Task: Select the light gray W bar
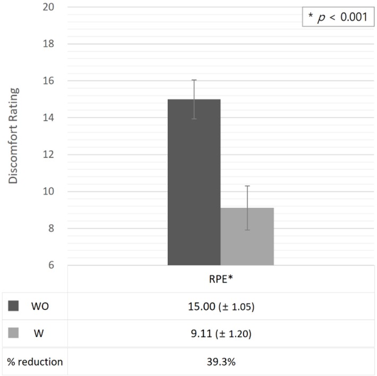[247, 236]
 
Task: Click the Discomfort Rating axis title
[14, 136]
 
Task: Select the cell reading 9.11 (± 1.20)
[220, 334]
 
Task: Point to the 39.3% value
[220, 362]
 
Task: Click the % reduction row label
[35, 362]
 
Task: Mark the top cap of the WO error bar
[194, 80]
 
